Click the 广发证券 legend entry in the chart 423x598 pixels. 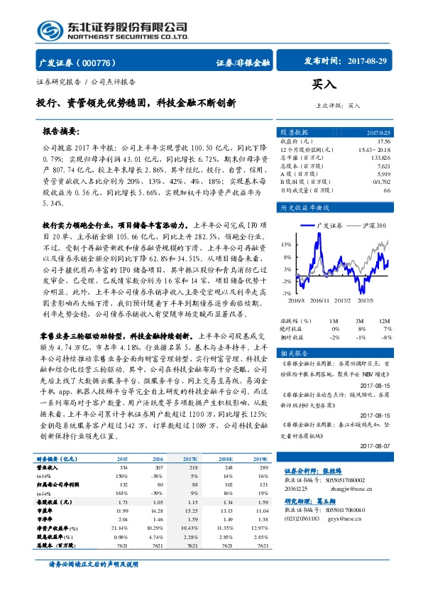pos(329,225)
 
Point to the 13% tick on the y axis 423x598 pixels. pos(285,244)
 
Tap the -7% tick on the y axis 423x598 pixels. pos(285,292)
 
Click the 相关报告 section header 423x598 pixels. pos(293,353)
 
